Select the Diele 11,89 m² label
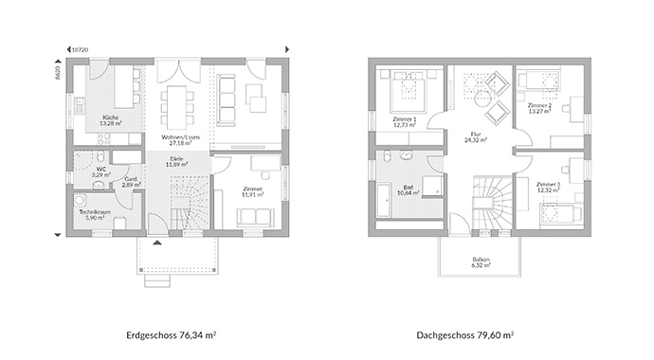coord(176,161)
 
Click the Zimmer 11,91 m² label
coord(251,191)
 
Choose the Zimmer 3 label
coord(549,187)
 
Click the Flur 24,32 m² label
coord(476,136)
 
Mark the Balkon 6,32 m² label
coord(481,261)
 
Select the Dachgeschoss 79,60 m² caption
coord(464,335)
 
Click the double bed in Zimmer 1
coord(408,89)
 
